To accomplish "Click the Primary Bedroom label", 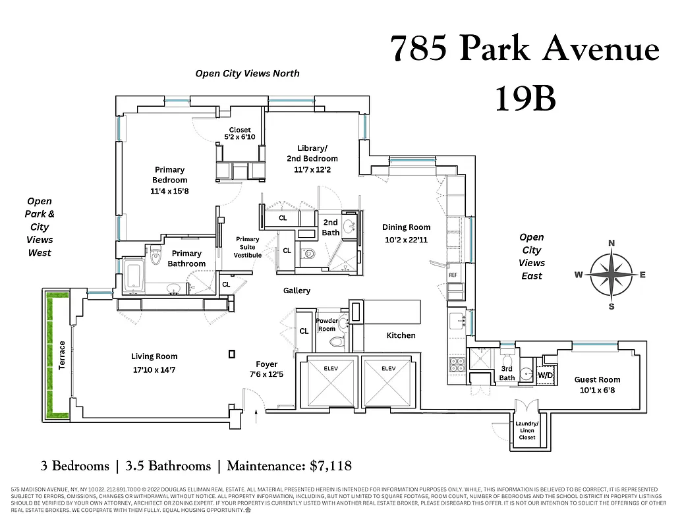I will tap(169, 175).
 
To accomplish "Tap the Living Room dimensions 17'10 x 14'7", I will tap(154, 370).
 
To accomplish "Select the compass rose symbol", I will tap(611, 275).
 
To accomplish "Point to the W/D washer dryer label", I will tap(546, 375).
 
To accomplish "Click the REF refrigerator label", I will tap(453, 275).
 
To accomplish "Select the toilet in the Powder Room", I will tap(337, 342).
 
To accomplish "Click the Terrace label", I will tap(62, 355).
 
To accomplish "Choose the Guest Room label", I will tap(597, 379).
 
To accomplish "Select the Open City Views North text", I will tap(247, 73).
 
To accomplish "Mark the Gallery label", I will tap(297, 291).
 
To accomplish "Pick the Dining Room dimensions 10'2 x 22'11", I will tap(406, 240).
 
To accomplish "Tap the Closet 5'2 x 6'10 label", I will tap(239, 133).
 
